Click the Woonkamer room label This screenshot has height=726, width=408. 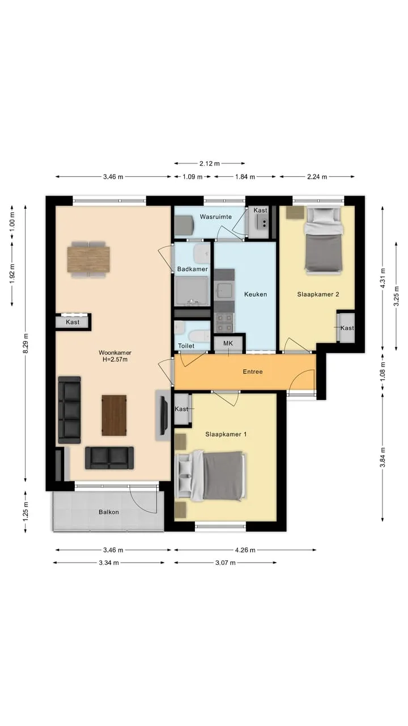[115, 352]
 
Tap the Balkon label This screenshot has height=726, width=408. [109, 512]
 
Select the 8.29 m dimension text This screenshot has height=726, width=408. [25, 343]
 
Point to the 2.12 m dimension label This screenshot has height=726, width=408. [210, 163]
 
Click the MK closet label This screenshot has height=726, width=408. [228, 343]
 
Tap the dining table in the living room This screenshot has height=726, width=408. [88, 259]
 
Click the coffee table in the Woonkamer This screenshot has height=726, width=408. [114, 415]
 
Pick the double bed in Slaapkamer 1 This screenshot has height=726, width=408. [210, 476]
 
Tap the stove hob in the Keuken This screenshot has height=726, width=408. [224, 323]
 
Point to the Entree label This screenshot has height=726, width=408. [253, 372]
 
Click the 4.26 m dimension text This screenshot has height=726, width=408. [245, 550]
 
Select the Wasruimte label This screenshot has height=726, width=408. [216, 217]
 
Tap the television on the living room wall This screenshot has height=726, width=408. [164, 416]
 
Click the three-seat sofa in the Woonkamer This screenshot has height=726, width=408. [69, 410]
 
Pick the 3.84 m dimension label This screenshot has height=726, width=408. [382, 457]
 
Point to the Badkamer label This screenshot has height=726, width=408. [192, 269]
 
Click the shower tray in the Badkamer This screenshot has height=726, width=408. [192, 291]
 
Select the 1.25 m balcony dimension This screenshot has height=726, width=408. [25, 512]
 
